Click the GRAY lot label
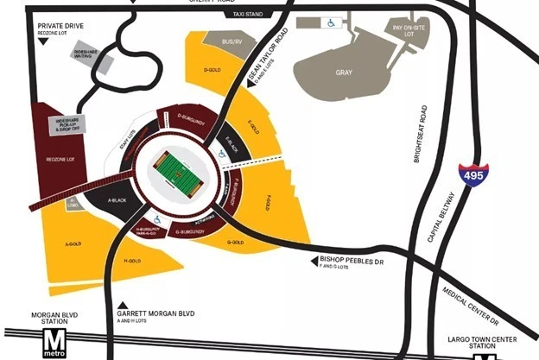point(343,73)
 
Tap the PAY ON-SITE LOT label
point(410,30)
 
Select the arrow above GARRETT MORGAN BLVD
point(124,303)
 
